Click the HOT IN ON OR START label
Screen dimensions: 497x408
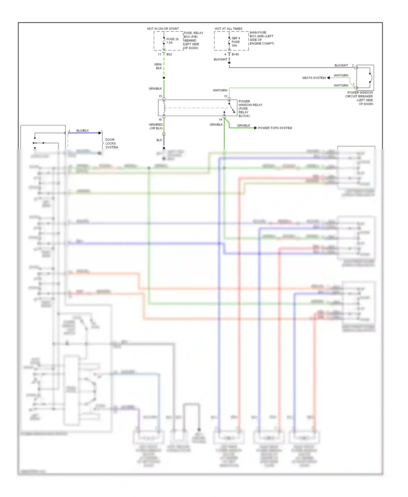coord(163,29)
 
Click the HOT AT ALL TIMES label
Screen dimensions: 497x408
coord(228,29)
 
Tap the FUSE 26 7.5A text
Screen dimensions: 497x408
coord(172,41)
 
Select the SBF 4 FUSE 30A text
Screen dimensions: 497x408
coord(236,42)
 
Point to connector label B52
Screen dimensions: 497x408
coord(169,54)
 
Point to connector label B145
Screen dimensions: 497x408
coord(235,54)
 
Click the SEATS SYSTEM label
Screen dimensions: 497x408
coord(314,78)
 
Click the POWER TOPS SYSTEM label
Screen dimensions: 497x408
coord(275,128)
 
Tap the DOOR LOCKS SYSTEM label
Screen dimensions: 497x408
coord(112,143)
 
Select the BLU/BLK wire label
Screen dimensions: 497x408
coord(82,131)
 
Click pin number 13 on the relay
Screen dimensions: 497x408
coord(225,96)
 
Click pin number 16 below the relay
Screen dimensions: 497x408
coord(160,120)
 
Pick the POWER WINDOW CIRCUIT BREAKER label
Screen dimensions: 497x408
coord(360,98)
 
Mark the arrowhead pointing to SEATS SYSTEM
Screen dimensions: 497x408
coord(328,78)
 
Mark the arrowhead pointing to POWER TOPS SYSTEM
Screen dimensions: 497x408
coord(255,128)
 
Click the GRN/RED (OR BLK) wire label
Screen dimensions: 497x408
coord(156,126)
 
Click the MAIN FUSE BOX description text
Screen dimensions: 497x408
coord(262,38)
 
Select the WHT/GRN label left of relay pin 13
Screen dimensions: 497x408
coord(220,90)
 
